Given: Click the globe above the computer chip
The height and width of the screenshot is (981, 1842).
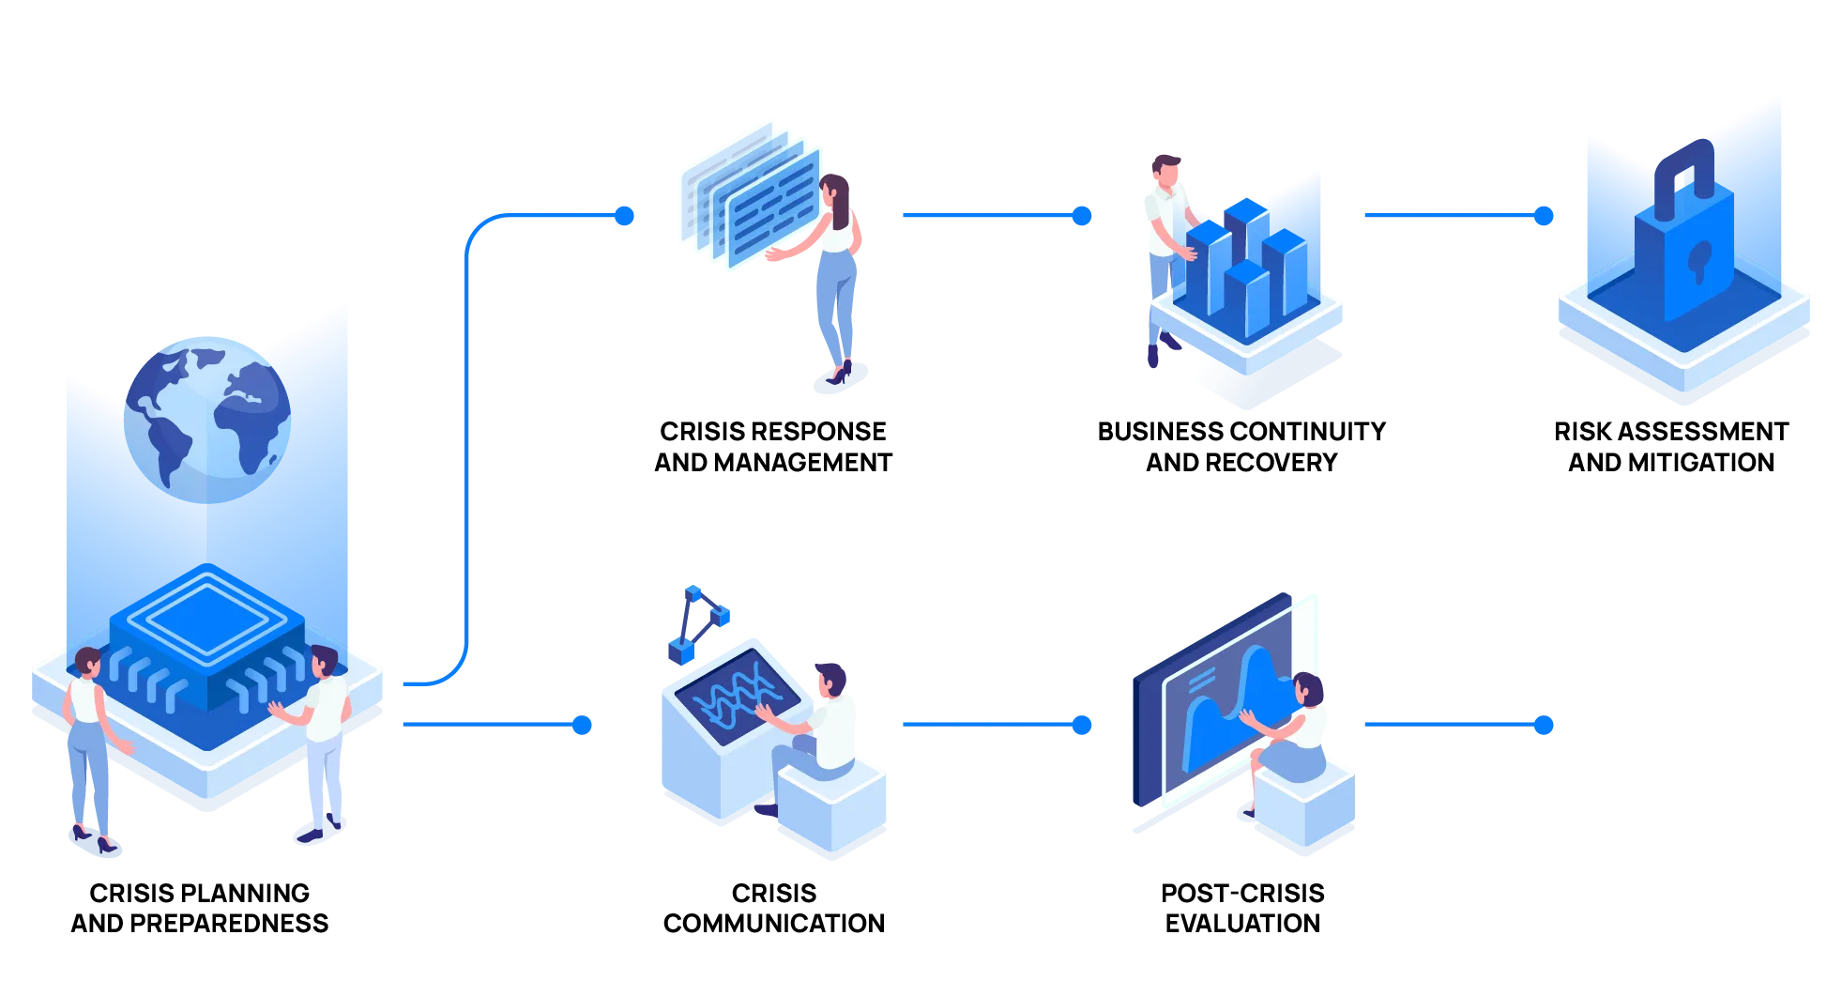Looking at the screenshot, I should [207, 418].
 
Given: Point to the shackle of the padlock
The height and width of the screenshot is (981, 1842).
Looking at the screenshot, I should [1684, 169].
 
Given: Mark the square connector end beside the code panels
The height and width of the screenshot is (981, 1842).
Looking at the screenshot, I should [623, 216].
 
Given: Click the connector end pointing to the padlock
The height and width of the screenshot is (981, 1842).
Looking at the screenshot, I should [1542, 216].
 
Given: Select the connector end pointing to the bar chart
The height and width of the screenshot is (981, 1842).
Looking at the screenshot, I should [1082, 216].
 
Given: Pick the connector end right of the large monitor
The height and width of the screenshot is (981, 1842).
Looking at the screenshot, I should [1542, 725].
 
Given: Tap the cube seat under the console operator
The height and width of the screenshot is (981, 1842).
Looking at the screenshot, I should [831, 807].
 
